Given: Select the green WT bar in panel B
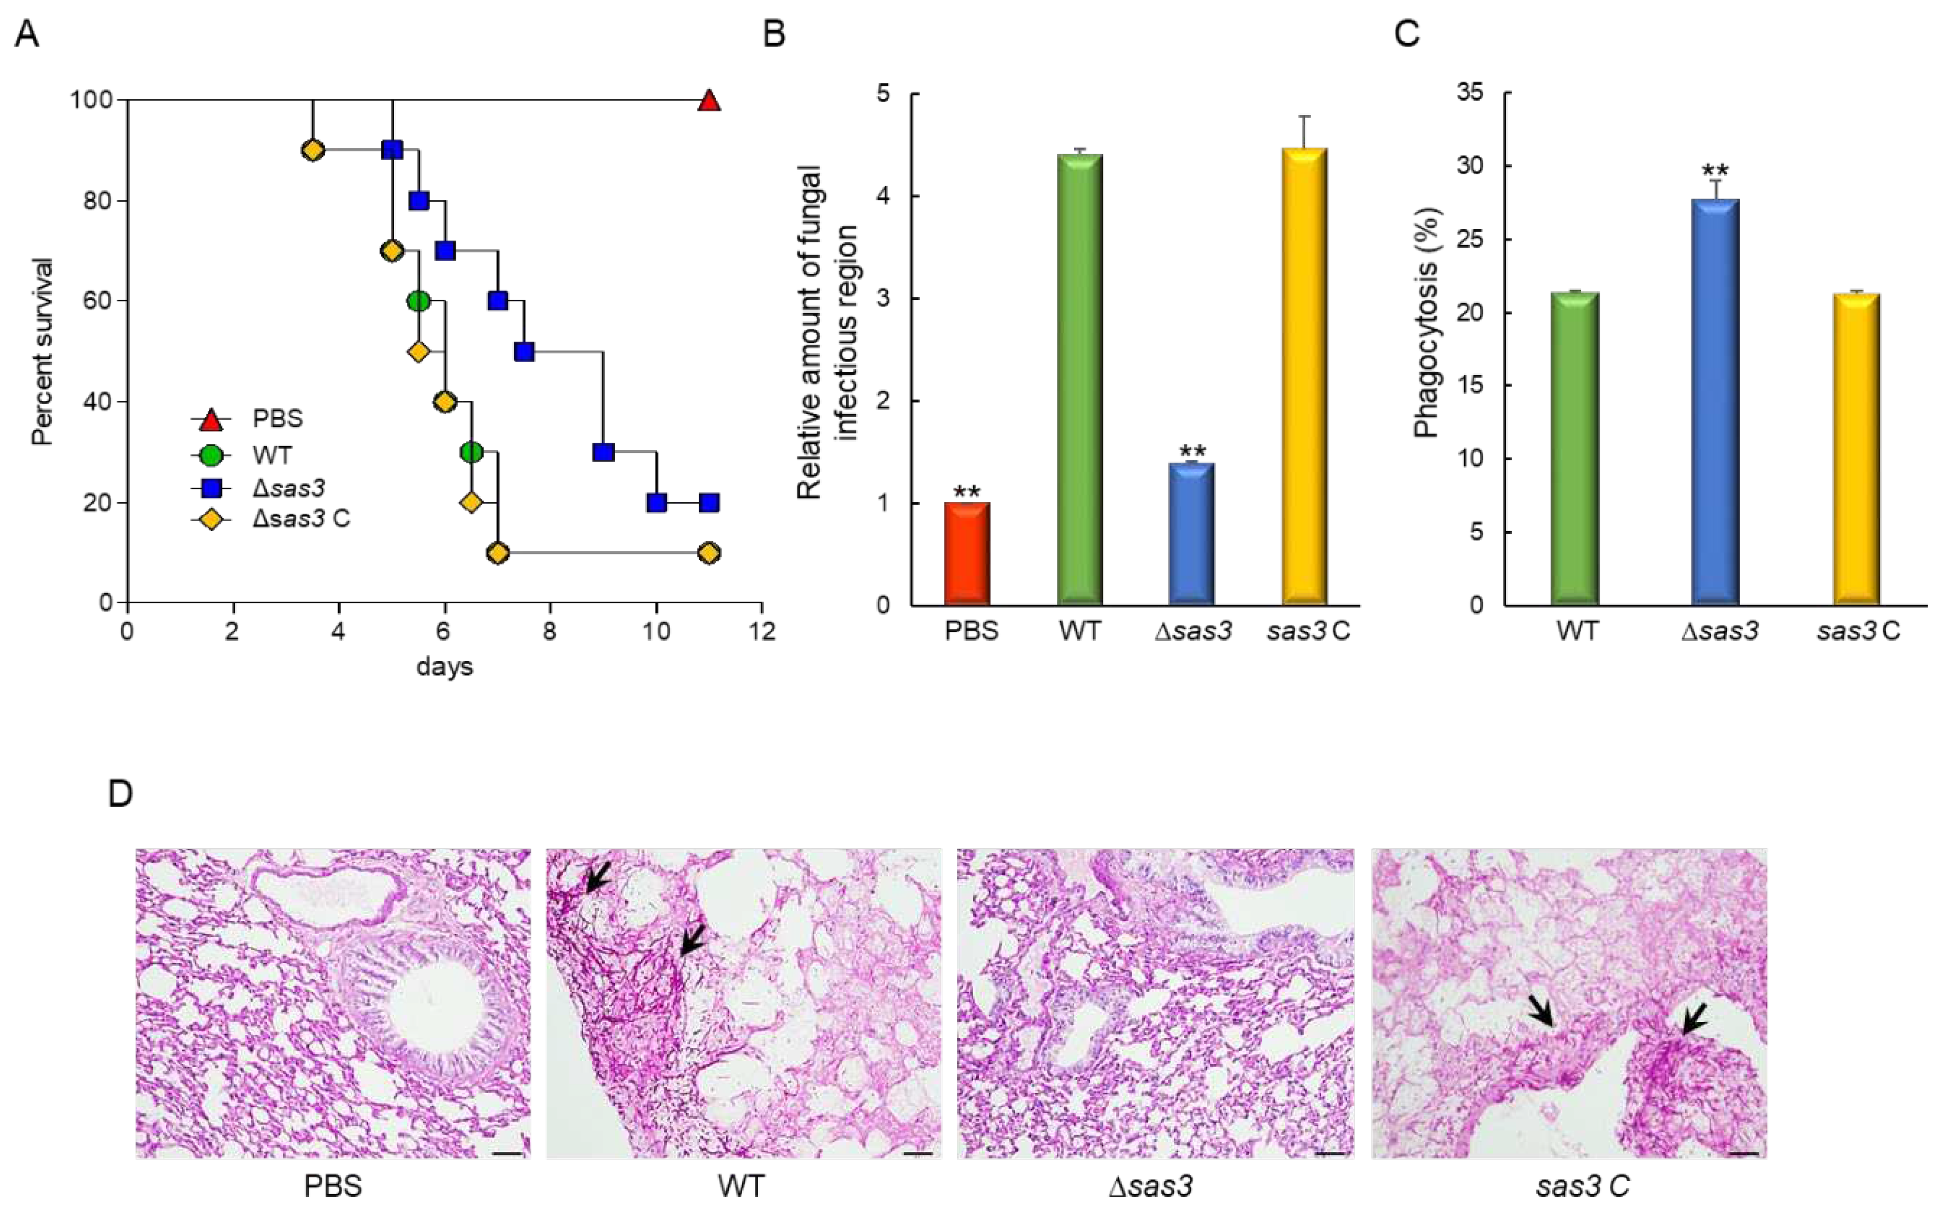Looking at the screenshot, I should [x=1080, y=380].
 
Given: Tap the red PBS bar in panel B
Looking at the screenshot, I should [x=967, y=553].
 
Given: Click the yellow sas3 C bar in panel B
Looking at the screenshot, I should [x=1305, y=376].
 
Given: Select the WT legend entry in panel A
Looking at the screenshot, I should [x=271, y=455].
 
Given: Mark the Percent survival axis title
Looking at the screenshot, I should [x=42, y=351].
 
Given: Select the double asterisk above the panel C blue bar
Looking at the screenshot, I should [x=1715, y=171].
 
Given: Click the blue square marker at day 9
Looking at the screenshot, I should [x=603, y=452].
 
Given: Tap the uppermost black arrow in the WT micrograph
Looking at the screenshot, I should [x=596, y=880].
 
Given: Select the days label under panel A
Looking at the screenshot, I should [x=444, y=666].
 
